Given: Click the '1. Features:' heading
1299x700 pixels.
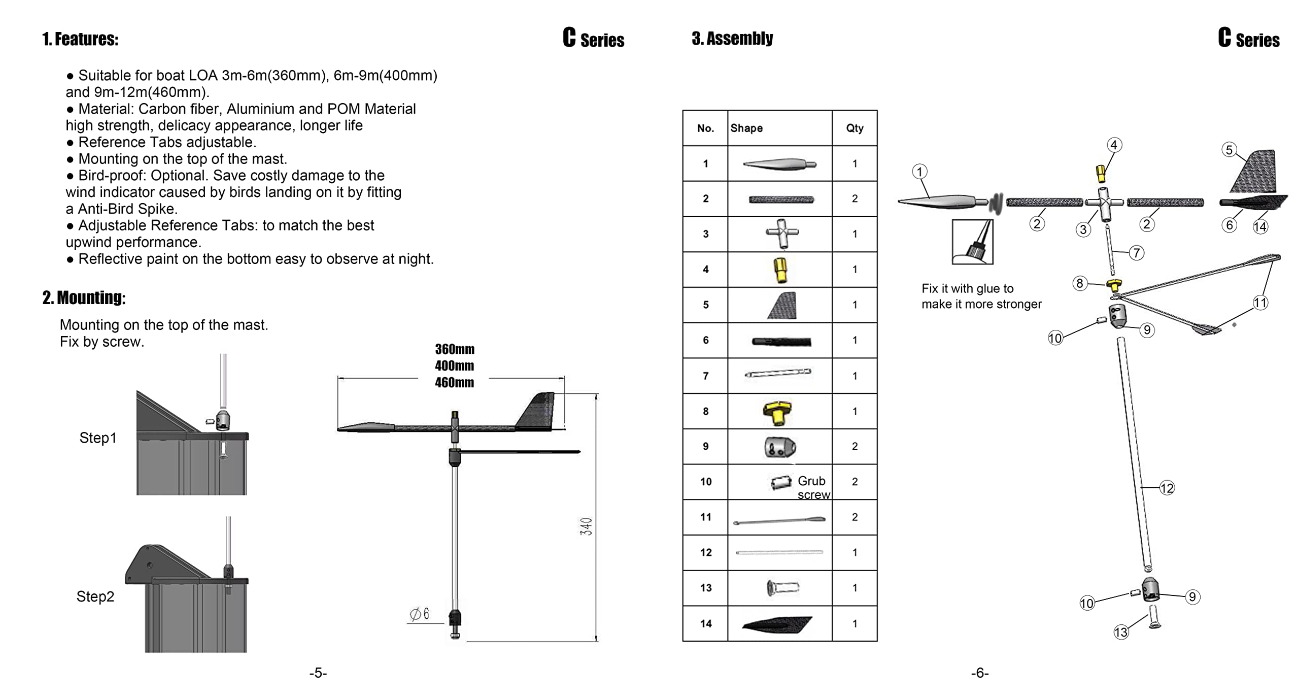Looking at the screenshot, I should pos(80,39).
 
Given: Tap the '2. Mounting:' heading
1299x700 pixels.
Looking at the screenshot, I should pos(84,297).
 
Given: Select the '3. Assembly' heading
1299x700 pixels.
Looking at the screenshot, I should pos(732,38).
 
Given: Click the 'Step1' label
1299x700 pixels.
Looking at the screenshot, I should pos(98,438).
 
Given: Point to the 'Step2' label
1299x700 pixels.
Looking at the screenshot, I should pos(95,596).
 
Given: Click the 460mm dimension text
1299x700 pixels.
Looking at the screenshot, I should pos(454,382).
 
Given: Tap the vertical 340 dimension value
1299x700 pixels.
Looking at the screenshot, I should pos(586,526).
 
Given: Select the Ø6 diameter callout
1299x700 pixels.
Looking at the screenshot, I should pos(420,614).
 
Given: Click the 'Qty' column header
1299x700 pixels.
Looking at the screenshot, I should pos(854,128).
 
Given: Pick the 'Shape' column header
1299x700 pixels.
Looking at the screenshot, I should pos(746,128).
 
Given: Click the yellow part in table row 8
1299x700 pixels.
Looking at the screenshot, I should pos(777,412).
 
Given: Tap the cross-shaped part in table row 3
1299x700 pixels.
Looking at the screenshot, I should pos(782,234).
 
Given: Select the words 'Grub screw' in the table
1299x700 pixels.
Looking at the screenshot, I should pos(813,487).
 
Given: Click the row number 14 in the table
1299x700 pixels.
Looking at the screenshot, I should pos(706,623).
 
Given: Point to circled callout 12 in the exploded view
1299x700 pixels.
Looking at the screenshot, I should pos(1167,488).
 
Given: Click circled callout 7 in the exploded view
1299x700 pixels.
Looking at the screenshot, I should pos(1136,253).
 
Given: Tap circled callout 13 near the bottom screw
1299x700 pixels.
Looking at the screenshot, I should pos(1121,632).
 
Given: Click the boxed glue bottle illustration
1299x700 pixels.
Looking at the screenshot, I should pos(972,242).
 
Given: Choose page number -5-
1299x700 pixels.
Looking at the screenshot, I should pos(318,673).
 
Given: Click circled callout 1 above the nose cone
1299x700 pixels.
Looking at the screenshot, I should pos(919,172).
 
